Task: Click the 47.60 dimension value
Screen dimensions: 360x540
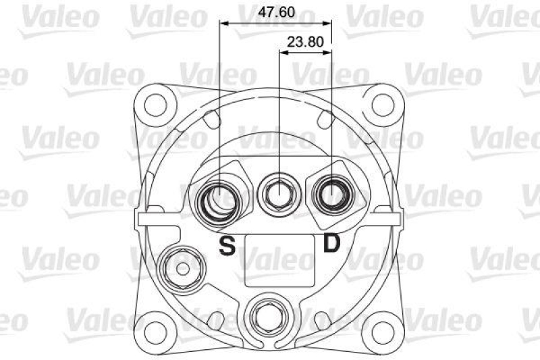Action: [x=277, y=11]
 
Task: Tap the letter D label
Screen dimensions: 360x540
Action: [x=331, y=242]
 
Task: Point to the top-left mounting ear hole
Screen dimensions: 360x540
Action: [x=157, y=104]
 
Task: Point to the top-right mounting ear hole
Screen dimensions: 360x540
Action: [x=383, y=104]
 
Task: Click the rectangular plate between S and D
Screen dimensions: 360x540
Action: [x=279, y=259]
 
